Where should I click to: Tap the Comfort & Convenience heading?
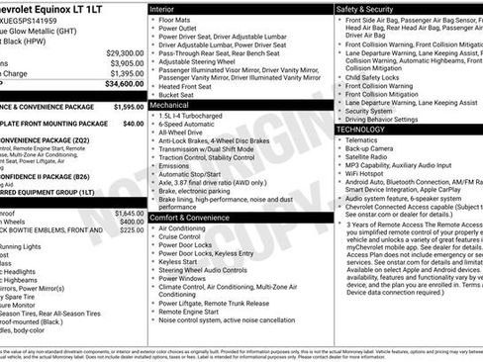(192, 217)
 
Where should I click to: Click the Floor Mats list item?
(177, 19)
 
